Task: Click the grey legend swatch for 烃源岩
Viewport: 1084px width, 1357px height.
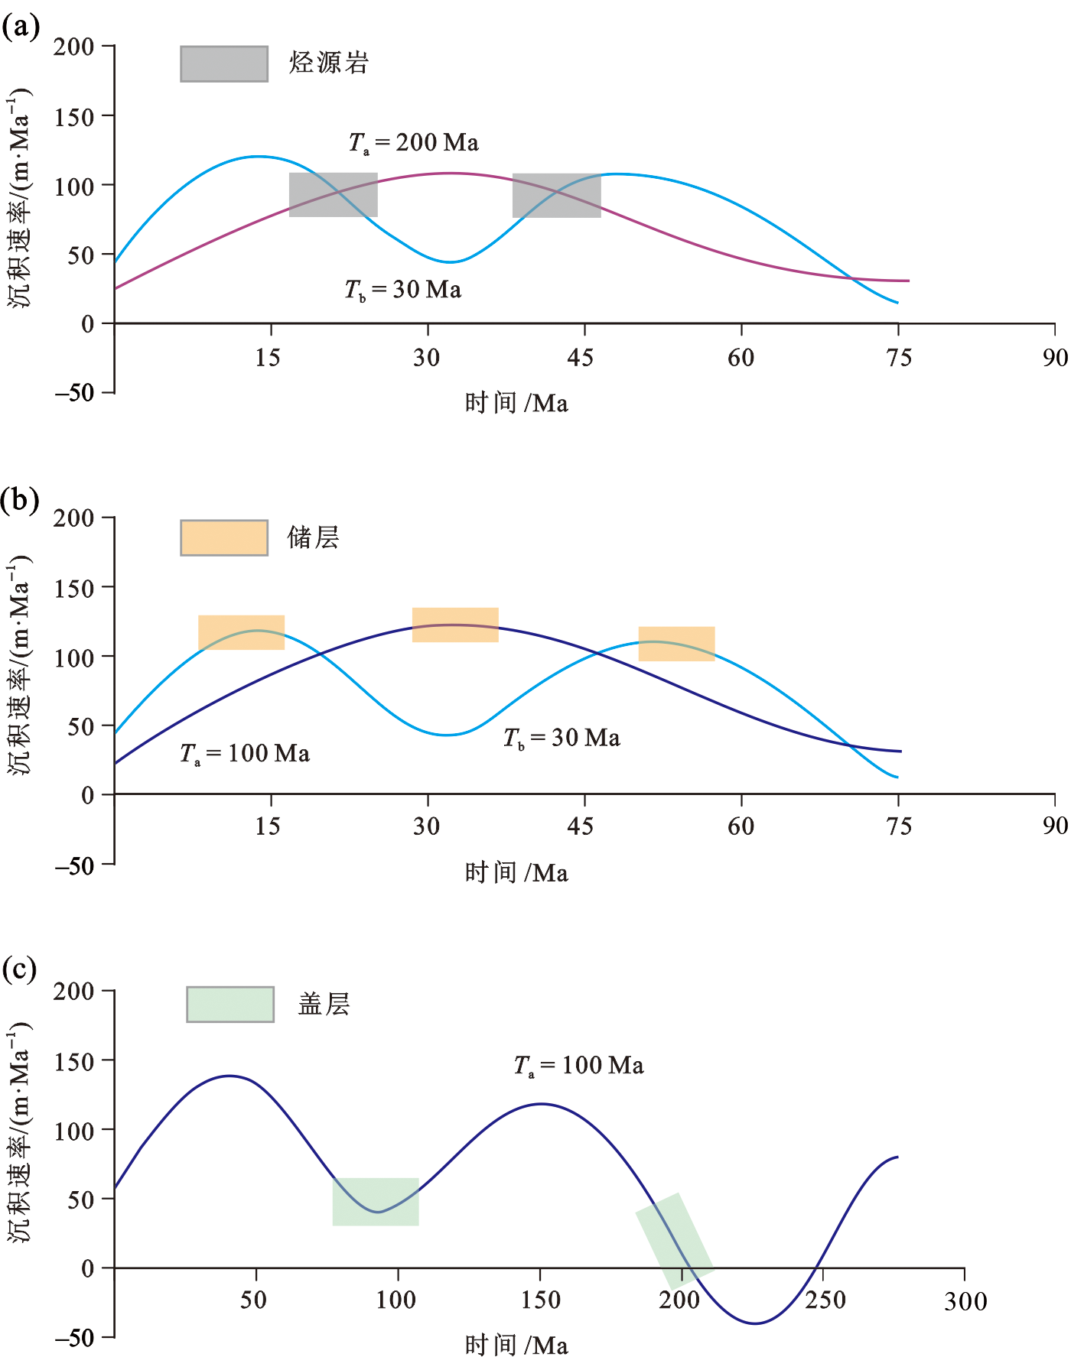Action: (x=224, y=63)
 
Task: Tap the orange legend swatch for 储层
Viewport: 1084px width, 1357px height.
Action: (x=224, y=537)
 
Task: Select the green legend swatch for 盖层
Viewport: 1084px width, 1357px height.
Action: (x=230, y=1004)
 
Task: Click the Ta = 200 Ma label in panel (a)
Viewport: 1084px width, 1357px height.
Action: (x=414, y=143)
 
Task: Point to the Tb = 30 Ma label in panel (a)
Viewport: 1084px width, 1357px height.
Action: (x=403, y=290)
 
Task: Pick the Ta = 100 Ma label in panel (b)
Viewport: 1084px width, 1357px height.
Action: (x=245, y=754)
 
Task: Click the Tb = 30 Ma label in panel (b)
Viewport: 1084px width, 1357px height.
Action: (x=562, y=738)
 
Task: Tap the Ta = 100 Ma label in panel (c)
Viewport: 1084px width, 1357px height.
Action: (x=579, y=1066)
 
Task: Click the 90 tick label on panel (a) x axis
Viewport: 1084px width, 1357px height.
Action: (x=1055, y=358)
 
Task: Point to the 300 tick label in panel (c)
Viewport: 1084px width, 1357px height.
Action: (x=965, y=1301)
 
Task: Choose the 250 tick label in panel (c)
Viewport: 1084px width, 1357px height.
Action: (x=825, y=1300)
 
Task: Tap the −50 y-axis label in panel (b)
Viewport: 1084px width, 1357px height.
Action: (x=74, y=866)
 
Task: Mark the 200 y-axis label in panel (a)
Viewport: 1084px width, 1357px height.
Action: (x=73, y=47)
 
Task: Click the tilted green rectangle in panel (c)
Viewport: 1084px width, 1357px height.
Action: (x=675, y=1239)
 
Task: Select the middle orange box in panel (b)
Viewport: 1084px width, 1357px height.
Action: (x=455, y=625)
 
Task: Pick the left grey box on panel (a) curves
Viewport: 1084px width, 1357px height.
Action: (x=333, y=195)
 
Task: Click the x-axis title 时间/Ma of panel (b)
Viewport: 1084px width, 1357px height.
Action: (x=516, y=872)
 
